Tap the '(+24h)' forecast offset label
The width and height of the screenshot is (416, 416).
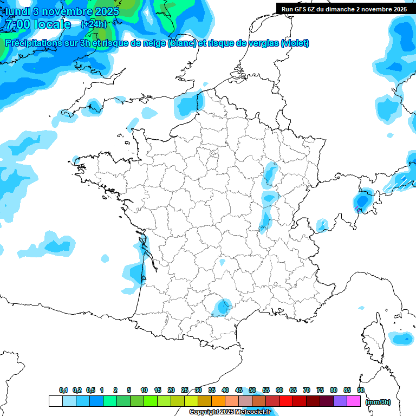coord(93,24)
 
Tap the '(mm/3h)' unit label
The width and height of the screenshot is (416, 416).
coord(378,401)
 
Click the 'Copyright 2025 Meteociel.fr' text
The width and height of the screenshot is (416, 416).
coord(230,412)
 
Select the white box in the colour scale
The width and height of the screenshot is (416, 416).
coord(55,401)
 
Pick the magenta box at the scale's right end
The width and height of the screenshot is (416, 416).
coord(354,401)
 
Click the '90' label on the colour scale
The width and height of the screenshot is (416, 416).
coord(361,390)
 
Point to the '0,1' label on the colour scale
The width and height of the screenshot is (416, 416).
coord(63,390)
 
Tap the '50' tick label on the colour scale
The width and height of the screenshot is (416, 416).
coord(252,390)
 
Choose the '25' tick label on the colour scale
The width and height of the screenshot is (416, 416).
coord(185,390)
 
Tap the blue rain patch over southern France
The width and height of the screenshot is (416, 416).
coord(221,307)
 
